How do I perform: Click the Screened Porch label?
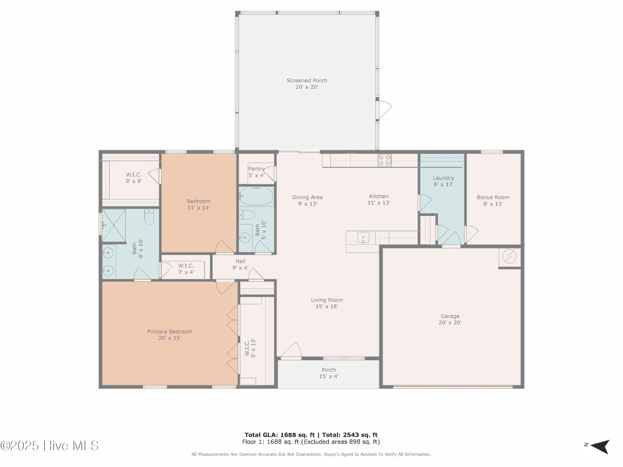click(x=307, y=84)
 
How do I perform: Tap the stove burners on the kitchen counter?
click(x=384, y=161)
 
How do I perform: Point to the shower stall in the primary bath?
click(x=114, y=225)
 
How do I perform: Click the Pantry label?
click(x=256, y=172)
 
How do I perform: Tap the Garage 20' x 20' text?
click(x=450, y=319)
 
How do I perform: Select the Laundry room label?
click(x=443, y=181)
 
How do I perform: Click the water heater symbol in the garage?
click(x=509, y=257)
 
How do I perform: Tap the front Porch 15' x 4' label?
click(x=329, y=373)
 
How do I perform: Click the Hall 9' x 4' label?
click(x=240, y=264)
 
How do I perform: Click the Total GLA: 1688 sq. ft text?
click(x=279, y=435)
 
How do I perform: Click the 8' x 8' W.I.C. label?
click(x=134, y=178)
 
